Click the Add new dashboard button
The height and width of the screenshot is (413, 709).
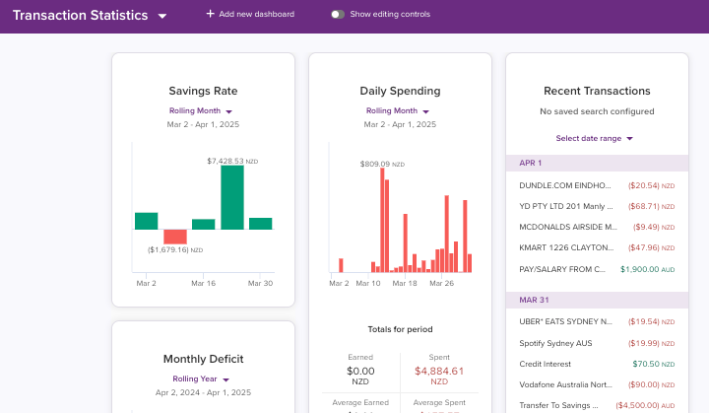point(249,14)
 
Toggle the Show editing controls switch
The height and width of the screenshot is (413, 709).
point(338,15)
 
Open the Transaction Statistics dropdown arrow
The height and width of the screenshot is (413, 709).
point(162,17)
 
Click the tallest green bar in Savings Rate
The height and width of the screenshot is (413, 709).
point(231,197)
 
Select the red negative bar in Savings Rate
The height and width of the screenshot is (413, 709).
point(174,237)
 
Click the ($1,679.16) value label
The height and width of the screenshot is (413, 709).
point(167,250)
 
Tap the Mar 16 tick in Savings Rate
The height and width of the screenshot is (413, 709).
point(204,283)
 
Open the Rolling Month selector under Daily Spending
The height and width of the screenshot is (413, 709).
point(399,111)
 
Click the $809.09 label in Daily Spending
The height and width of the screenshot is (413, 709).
point(375,164)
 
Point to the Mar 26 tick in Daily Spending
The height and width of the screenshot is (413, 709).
point(442,283)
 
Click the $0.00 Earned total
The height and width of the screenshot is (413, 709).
point(360,371)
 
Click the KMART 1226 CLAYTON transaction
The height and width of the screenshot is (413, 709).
point(567,247)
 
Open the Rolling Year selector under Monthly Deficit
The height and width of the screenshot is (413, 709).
point(202,379)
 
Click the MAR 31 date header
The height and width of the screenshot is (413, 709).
point(532,300)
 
